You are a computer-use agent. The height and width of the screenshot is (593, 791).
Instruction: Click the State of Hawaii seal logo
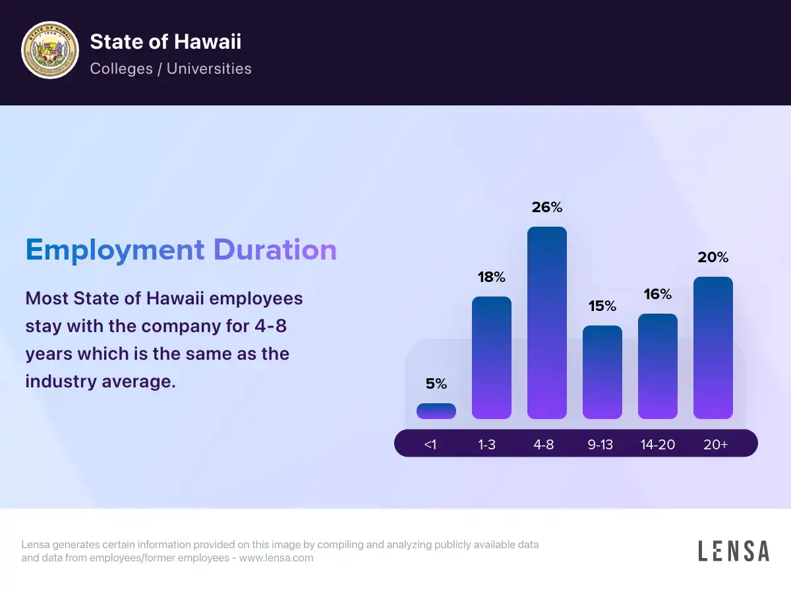click(x=50, y=50)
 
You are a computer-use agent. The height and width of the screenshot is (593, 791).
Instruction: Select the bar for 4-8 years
click(x=547, y=323)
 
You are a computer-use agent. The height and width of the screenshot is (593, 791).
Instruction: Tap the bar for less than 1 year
click(x=436, y=411)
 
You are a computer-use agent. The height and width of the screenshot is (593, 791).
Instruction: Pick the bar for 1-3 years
click(x=492, y=358)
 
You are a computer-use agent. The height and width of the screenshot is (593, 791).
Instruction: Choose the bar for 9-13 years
click(x=602, y=372)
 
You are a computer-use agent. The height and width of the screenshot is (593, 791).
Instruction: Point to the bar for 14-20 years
click(x=658, y=366)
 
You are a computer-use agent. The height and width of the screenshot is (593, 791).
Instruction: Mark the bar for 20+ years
click(x=713, y=348)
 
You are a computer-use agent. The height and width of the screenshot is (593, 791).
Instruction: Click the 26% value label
click(x=547, y=207)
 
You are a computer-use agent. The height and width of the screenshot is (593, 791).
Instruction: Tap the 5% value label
click(x=436, y=383)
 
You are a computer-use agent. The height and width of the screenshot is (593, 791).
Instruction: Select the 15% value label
click(x=602, y=306)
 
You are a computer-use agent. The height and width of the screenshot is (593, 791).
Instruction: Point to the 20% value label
click(x=713, y=257)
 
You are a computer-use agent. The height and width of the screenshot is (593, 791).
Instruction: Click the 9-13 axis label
click(x=601, y=445)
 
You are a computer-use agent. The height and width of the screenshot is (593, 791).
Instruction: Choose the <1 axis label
click(x=430, y=445)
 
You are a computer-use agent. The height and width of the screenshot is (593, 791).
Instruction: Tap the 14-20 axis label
click(x=658, y=445)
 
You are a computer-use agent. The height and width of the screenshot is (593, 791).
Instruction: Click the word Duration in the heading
click(x=275, y=250)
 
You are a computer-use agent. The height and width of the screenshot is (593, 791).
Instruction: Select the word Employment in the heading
click(x=115, y=250)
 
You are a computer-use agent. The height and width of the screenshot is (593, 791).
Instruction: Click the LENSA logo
click(x=734, y=551)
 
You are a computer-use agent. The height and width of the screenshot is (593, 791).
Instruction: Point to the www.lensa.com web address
click(x=276, y=558)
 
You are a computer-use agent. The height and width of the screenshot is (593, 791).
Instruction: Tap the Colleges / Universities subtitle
click(x=171, y=69)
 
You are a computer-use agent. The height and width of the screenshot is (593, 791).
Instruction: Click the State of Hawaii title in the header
click(x=165, y=42)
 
